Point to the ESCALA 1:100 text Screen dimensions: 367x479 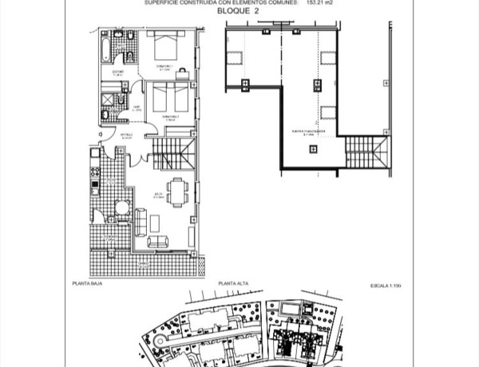pos(387,283)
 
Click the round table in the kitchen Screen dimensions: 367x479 pos(122,209)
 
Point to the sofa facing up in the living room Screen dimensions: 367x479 pos(159,241)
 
